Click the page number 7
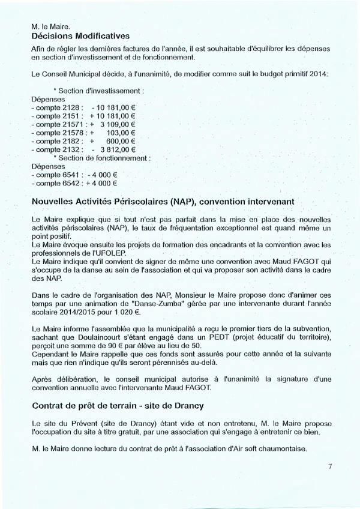point(330,466)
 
